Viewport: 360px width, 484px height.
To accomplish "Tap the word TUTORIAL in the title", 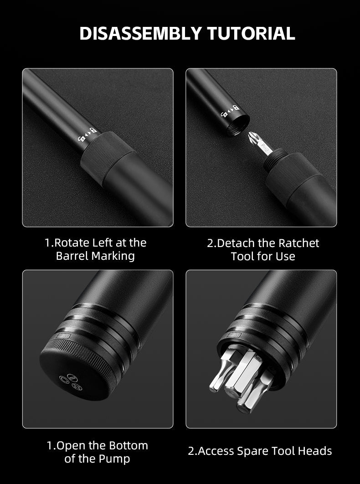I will pyautogui.click(x=251, y=33).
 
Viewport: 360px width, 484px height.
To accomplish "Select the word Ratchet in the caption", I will pyautogui.click(x=298, y=243).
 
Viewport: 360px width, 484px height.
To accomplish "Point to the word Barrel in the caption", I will pyautogui.click(x=72, y=256).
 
